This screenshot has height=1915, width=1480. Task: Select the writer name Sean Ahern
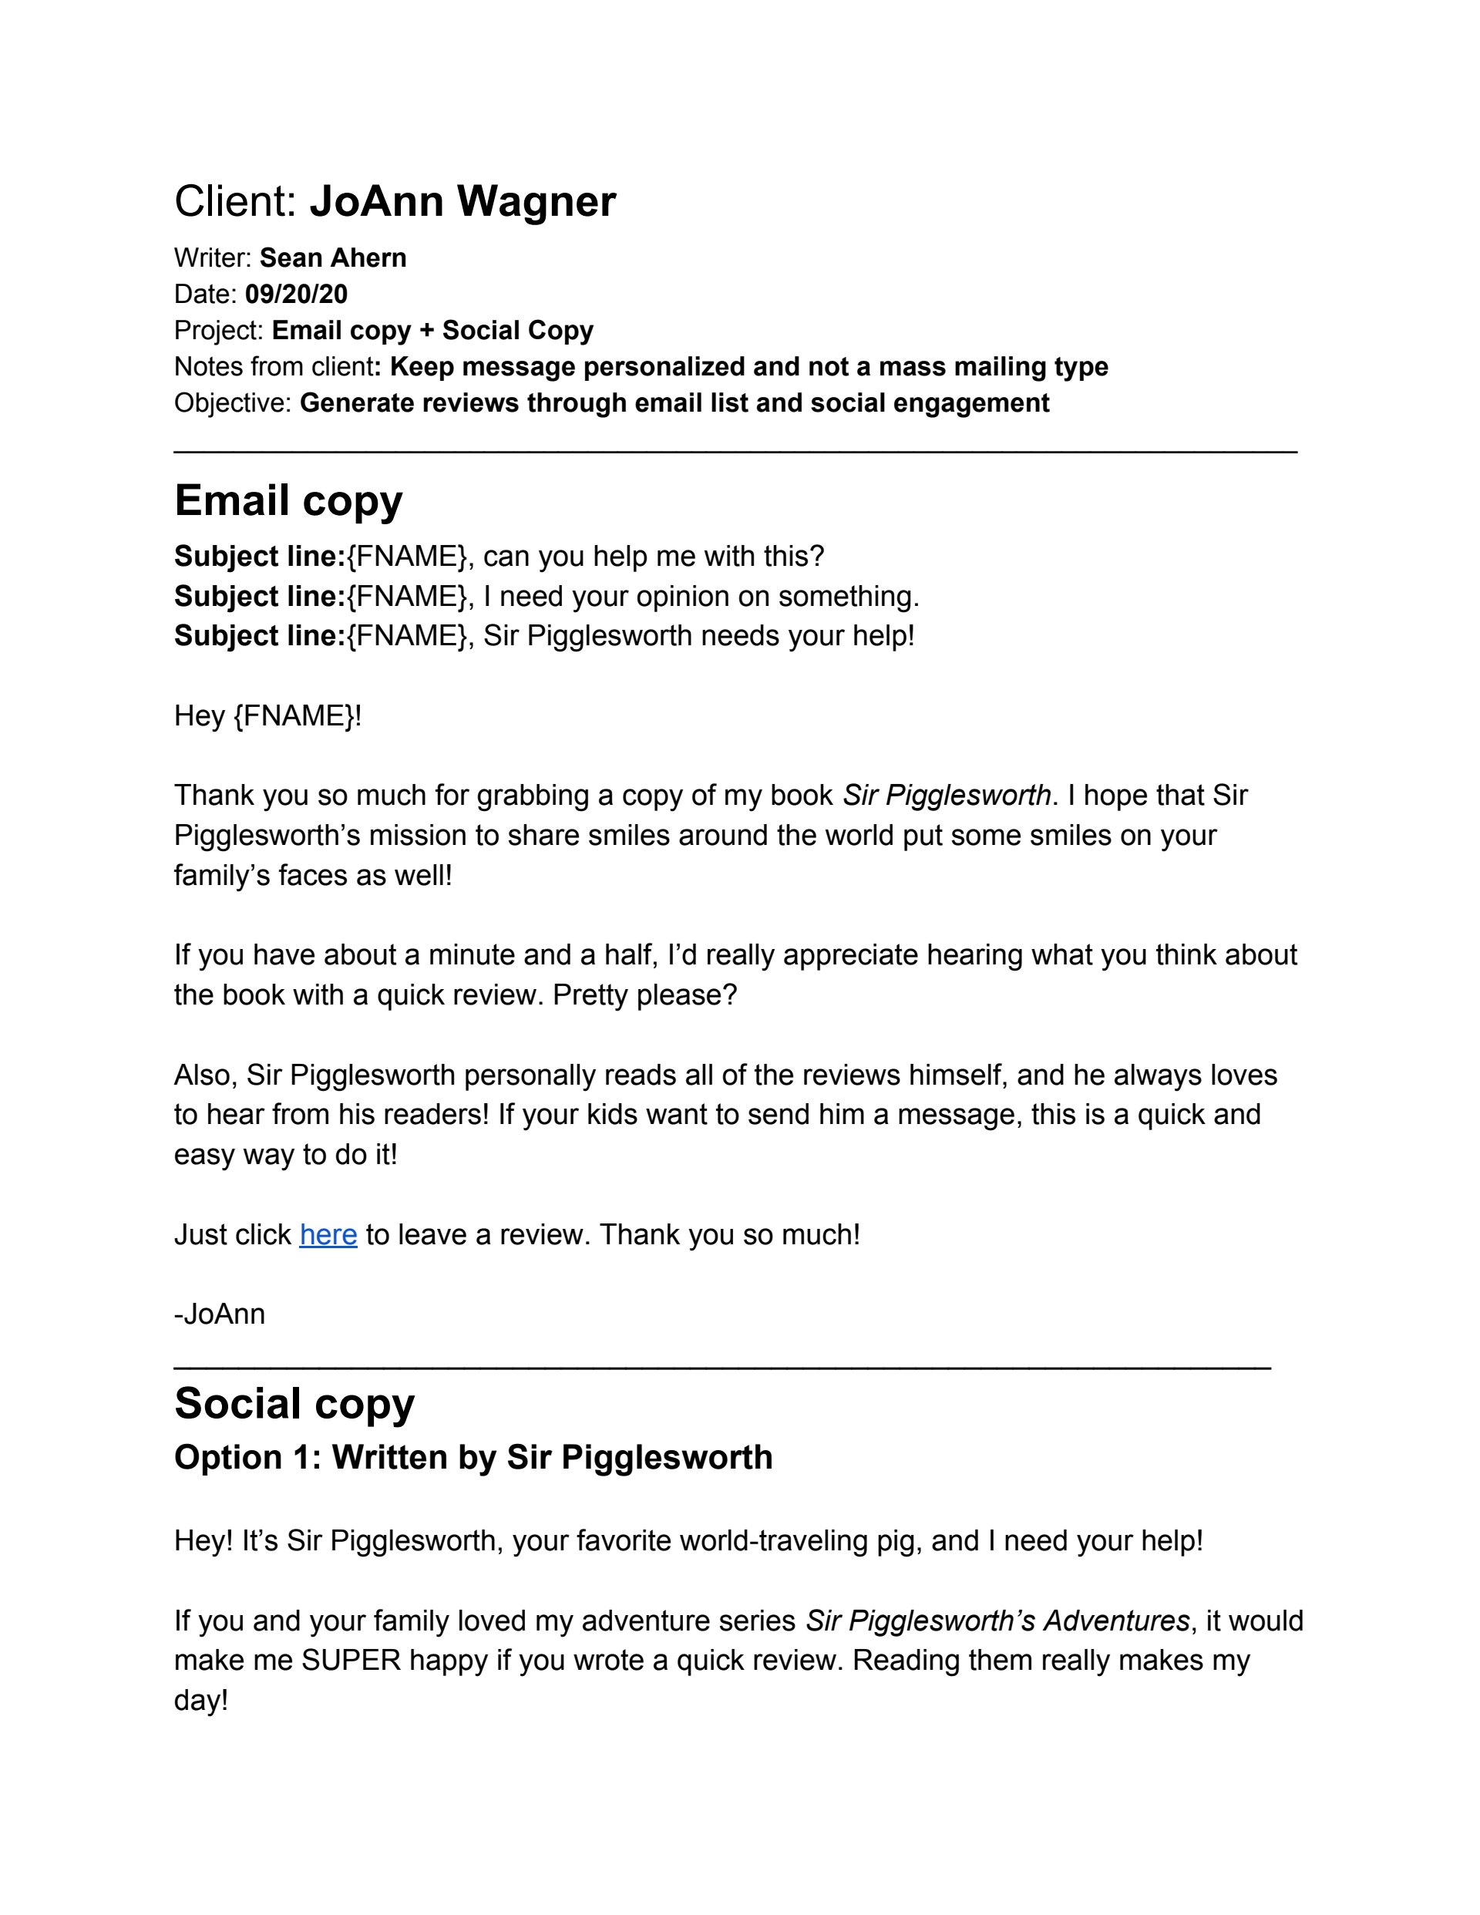click(332, 257)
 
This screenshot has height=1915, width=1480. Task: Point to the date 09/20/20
click(296, 294)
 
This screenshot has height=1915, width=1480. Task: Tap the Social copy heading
click(294, 1403)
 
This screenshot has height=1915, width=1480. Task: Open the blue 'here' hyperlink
click(328, 1234)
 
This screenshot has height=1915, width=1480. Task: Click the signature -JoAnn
click(219, 1314)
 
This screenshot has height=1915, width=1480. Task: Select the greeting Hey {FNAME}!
click(267, 715)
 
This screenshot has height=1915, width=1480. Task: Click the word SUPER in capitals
click(351, 1660)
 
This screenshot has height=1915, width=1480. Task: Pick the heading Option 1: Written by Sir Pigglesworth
click(473, 1457)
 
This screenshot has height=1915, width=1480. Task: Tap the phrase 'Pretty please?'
click(644, 995)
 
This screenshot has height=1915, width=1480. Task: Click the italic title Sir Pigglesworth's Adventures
click(997, 1621)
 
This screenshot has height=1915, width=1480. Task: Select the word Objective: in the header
click(232, 402)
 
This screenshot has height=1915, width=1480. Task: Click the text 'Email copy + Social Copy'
click(432, 330)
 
